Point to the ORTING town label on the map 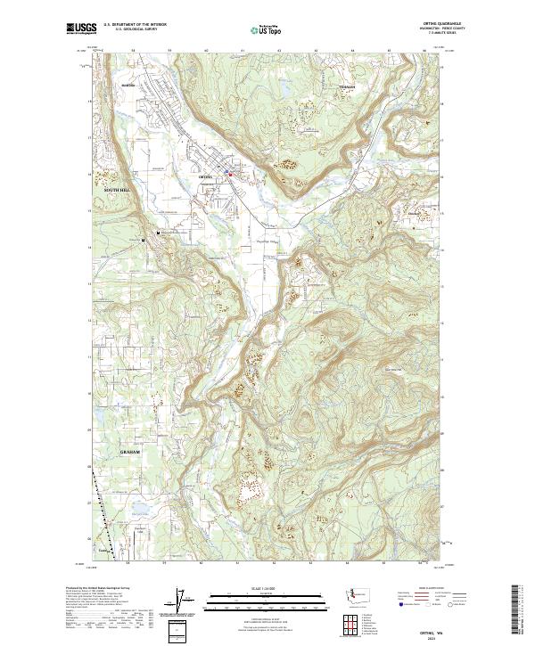pyautogui.click(x=203, y=177)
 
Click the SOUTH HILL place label pyautogui.click(x=117, y=191)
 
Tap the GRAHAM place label pyautogui.click(x=129, y=452)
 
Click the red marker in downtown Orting pyautogui.click(x=231, y=174)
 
